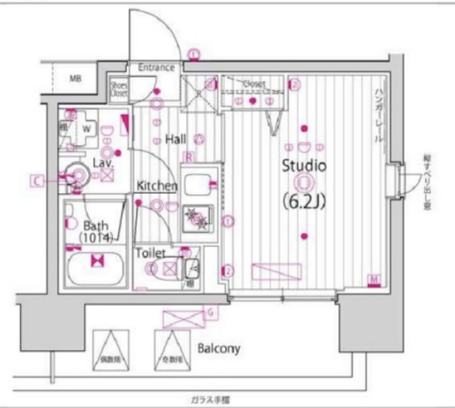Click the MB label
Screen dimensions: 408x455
pos(75,79)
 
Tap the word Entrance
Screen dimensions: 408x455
pos(156,68)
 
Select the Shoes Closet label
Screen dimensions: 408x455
pos(119,89)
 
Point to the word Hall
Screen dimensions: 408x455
pos(176,139)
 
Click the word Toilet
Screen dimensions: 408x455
pos(150,253)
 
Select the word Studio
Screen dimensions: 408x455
pos(304,167)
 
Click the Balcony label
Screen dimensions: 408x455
pos(219,349)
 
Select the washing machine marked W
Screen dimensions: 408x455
pos(87,129)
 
